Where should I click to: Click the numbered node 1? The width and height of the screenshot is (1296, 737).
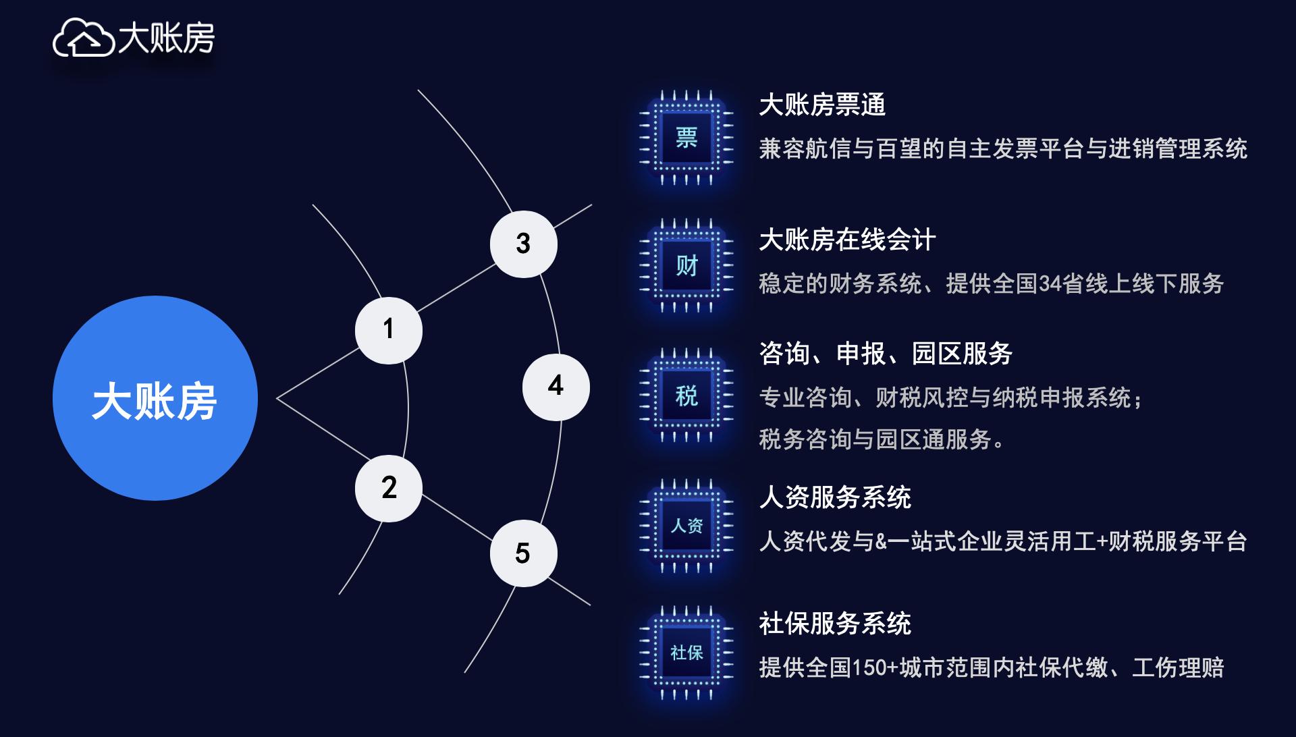point(388,330)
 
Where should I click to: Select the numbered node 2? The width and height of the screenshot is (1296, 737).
point(388,488)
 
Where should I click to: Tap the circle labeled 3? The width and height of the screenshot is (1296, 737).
point(523,244)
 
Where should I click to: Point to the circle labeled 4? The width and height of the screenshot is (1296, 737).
point(556,387)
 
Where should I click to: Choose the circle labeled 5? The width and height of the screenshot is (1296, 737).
point(523,553)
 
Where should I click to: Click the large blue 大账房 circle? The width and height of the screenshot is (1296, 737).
point(155,398)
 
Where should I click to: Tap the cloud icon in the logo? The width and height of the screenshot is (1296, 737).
point(83,38)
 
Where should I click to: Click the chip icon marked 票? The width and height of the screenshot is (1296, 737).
point(686,138)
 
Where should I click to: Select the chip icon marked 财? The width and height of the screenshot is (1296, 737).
point(686,266)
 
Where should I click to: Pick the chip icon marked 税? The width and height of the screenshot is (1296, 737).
point(686,395)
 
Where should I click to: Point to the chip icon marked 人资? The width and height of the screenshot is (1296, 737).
point(686,526)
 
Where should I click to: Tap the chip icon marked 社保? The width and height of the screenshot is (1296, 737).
point(686,653)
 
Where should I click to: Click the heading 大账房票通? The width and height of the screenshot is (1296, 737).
point(821,105)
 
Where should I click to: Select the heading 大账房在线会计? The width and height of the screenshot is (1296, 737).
point(847,240)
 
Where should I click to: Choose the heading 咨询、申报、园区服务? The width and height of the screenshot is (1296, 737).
point(885,354)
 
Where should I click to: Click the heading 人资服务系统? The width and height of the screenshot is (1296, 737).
point(834,497)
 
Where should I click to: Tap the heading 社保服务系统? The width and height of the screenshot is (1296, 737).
point(834,624)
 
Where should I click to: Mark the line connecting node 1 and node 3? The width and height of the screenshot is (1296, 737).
point(456,288)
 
